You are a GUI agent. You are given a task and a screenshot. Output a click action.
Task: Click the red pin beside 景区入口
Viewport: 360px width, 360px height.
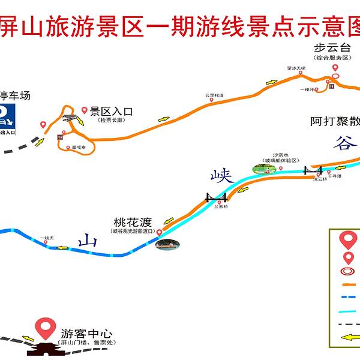tap(85, 111)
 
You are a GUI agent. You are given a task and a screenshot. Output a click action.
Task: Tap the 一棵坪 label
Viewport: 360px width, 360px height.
tap(308, 89)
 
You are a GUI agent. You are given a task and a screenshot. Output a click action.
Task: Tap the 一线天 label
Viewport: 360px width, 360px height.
tap(47, 238)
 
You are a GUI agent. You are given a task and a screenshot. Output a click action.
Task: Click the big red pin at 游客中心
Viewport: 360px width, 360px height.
tap(43, 328)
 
